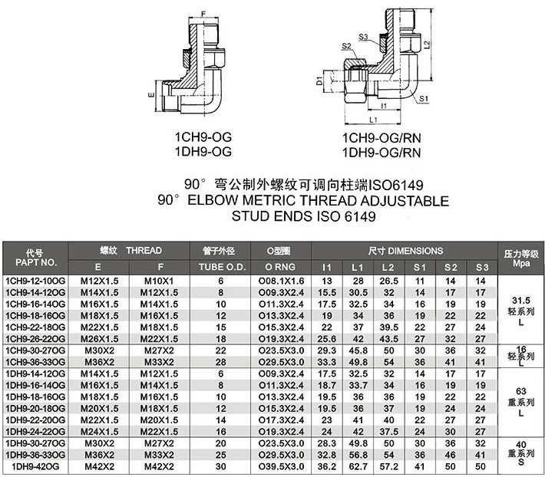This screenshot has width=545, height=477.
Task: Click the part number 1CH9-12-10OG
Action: (x=35, y=281)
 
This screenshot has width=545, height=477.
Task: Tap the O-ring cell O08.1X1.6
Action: (x=281, y=281)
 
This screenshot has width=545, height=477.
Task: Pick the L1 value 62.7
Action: (x=358, y=466)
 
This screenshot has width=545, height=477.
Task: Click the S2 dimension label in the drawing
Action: (x=346, y=46)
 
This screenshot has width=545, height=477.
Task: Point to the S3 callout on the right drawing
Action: (x=363, y=37)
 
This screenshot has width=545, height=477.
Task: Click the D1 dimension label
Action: (x=319, y=81)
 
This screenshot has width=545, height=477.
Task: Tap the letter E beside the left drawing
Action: (x=151, y=94)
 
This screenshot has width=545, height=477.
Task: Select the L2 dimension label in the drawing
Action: (x=427, y=44)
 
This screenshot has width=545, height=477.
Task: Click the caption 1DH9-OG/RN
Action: (x=381, y=153)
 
